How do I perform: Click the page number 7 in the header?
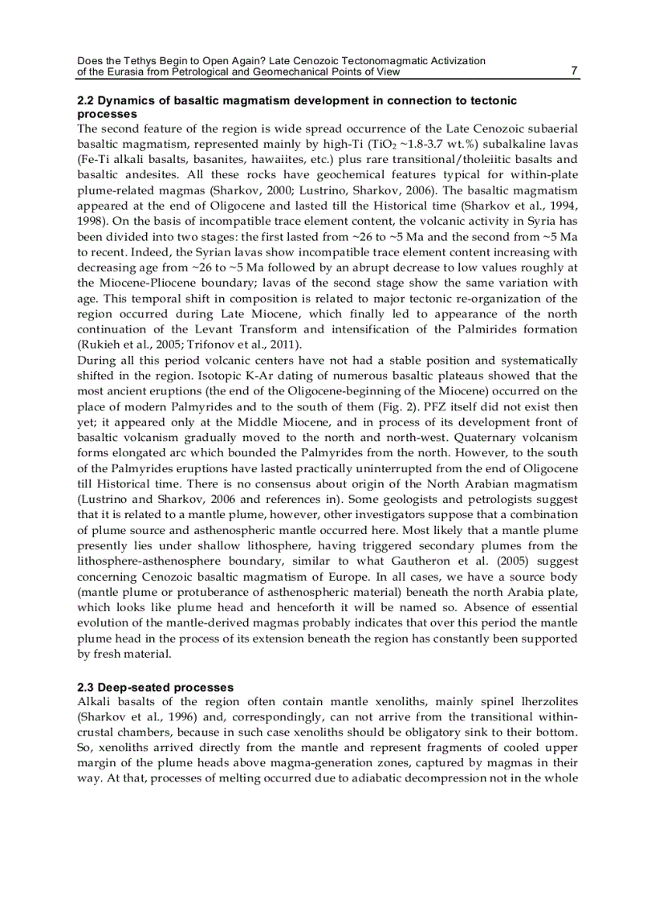(x=573, y=71)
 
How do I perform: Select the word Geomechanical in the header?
(x=314, y=71)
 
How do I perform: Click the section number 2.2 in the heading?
(x=86, y=100)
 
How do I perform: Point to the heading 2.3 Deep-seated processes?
(x=155, y=687)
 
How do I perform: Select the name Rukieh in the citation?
(x=100, y=345)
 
